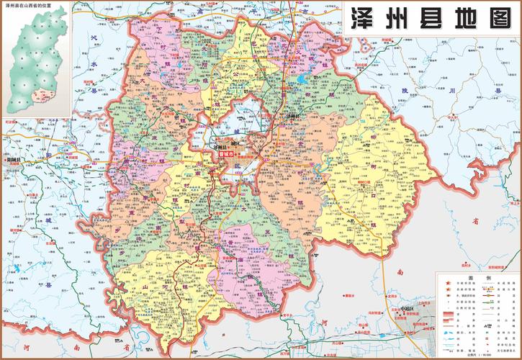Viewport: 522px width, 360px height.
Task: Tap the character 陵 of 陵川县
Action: click(x=424, y=90)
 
